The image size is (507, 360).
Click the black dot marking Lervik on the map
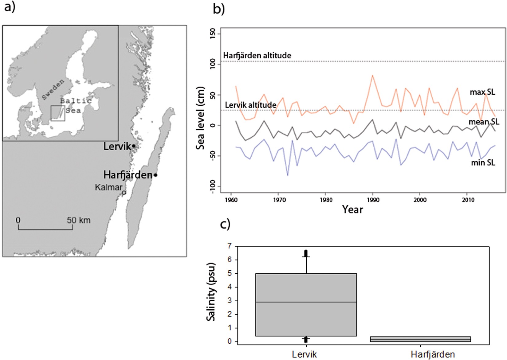coord(134,146)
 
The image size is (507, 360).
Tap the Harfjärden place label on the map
coord(128,175)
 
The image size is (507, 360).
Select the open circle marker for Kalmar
coord(124,193)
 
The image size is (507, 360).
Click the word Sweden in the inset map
coord(53,89)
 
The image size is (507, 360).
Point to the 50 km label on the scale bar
coord(79,220)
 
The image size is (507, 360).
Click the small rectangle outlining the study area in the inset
coord(58,113)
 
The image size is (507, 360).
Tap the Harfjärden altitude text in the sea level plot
coord(257,56)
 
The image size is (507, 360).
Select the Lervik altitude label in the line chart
coord(250,105)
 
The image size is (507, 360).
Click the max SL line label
coord(482,92)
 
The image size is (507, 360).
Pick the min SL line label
coord(483,162)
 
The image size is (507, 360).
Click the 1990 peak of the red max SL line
coord(372,75)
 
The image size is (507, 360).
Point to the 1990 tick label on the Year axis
coord(373,200)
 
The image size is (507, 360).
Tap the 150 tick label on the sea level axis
coord(212,34)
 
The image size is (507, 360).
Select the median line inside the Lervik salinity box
coord(306,302)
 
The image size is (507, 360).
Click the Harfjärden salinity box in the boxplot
coord(420,339)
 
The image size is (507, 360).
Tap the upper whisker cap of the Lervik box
coord(306,256)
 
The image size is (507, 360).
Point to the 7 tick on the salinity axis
coord(229,246)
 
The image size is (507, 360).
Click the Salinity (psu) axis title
coord(211,292)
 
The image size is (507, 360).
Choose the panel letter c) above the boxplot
coord(225,224)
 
